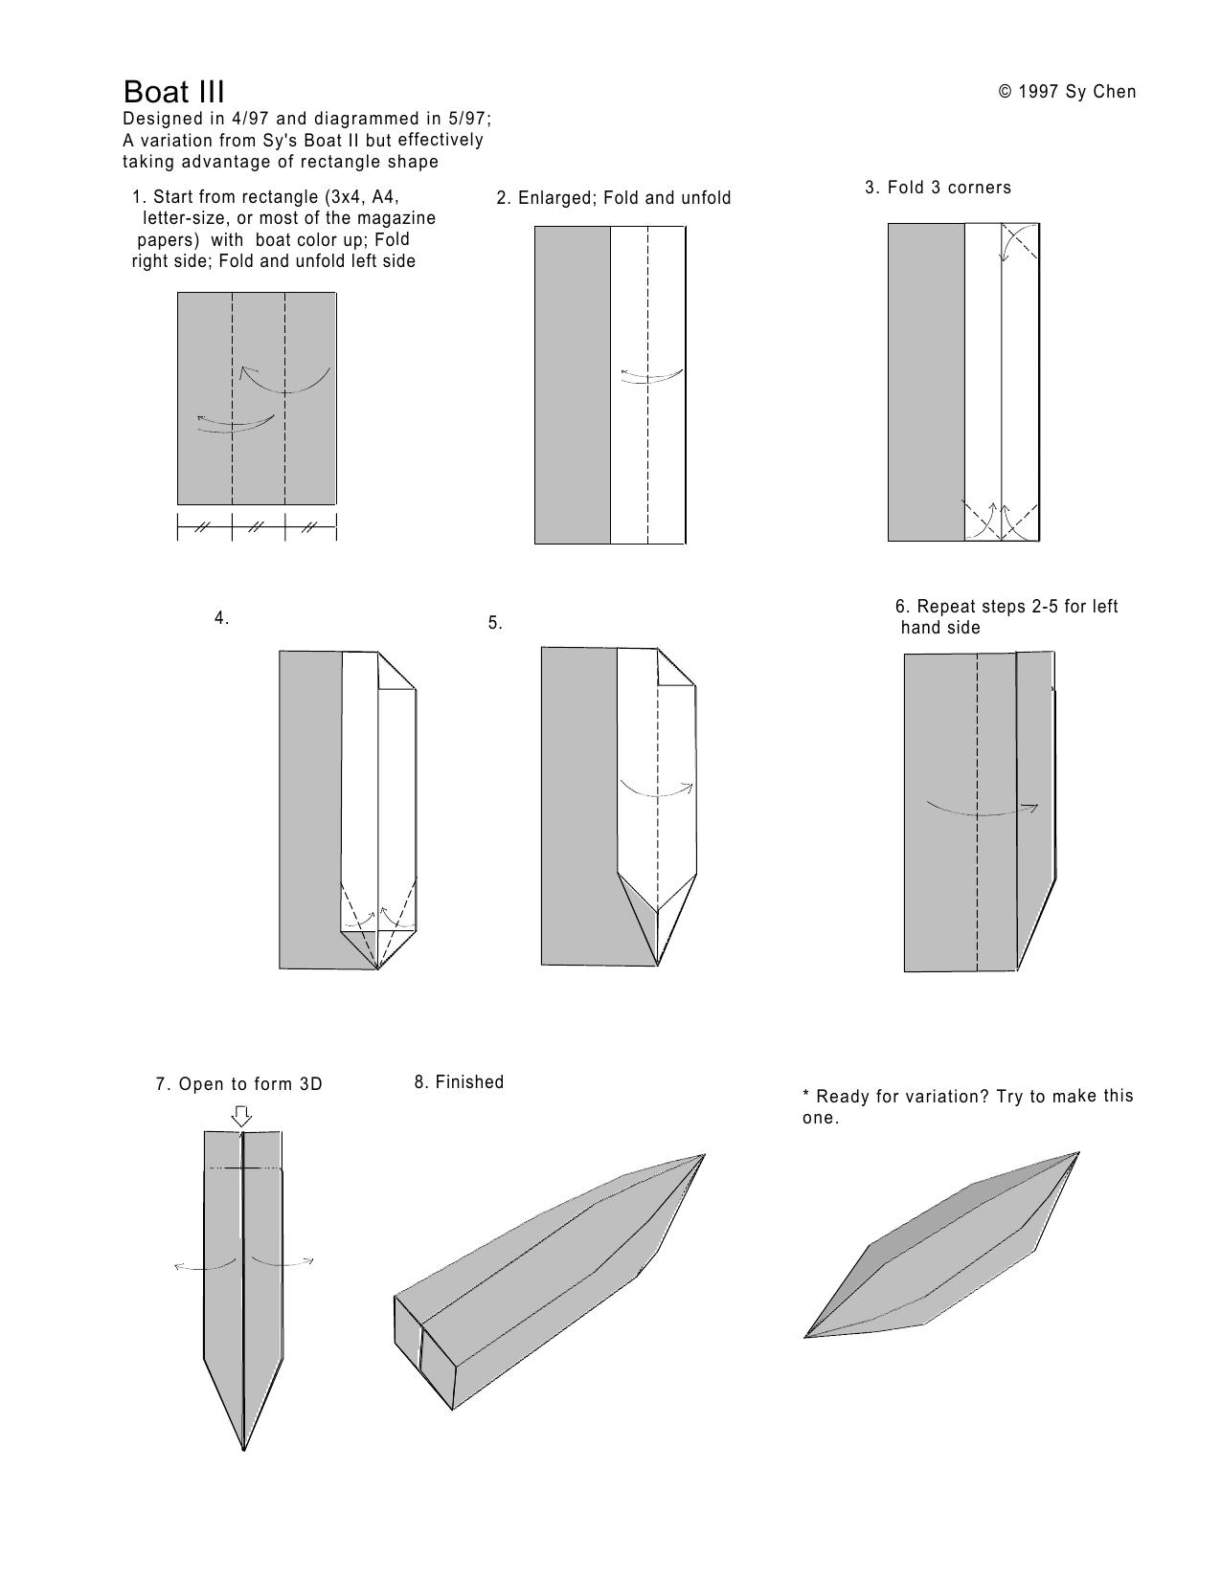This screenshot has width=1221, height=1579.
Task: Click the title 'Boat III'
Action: click(173, 92)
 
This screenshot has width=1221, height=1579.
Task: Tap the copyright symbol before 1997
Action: click(1006, 92)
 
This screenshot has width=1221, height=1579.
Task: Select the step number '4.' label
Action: click(222, 617)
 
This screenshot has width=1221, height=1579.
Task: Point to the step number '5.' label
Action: click(495, 623)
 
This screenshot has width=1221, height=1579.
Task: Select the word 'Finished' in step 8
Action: click(469, 1082)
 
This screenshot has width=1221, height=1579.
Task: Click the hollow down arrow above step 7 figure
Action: click(242, 1116)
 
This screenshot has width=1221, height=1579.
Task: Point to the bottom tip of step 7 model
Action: click(243, 1451)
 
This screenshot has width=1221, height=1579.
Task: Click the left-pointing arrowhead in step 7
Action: click(178, 1267)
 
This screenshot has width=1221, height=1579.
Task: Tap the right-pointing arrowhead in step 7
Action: click(309, 1260)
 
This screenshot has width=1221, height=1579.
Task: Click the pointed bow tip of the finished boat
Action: click(705, 1155)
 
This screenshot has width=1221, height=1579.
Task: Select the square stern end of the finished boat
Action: click(424, 1352)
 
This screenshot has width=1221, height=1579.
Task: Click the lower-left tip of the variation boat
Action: click(805, 1336)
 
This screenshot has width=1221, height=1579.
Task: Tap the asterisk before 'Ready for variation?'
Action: click(805, 1094)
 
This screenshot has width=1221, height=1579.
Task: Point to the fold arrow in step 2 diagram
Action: click(651, 376)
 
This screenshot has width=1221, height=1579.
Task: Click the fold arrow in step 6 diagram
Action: click(982, 810)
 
